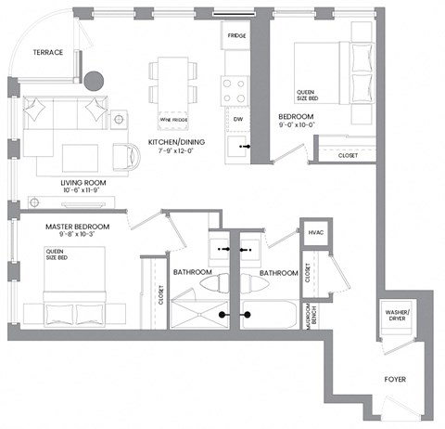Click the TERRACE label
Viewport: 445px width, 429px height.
click(x=47, y=53)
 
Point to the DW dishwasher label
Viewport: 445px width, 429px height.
click(x=238, y=119)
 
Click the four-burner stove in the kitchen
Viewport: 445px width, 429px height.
click(x=235, y=90)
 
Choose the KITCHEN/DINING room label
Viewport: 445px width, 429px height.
click(x=176, y=142)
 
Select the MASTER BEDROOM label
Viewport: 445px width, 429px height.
click(x=79, y=227)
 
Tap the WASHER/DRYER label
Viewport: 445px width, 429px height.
click(x=396, y=318)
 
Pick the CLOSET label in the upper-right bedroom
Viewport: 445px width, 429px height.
click(x=348, y=155)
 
